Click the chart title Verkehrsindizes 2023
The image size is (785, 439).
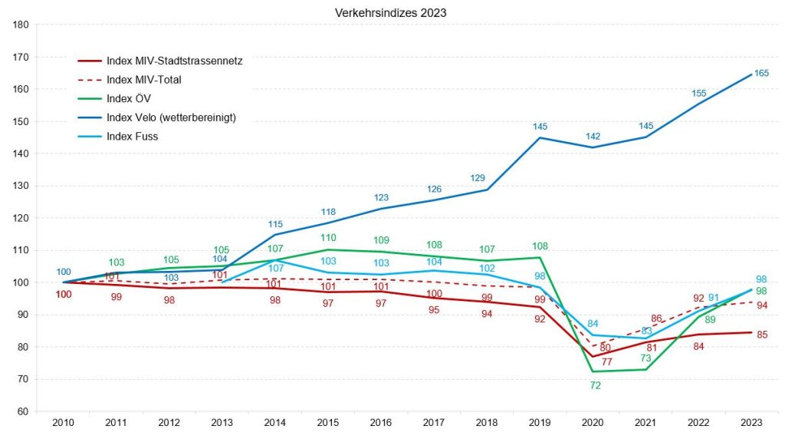[x=391, y=13]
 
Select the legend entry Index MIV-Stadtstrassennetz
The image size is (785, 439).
[x=175, y=61]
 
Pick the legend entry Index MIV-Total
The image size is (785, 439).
[x=143, y=79]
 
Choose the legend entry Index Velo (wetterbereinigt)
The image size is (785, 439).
[x=170, y=117]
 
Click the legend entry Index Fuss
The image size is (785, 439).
[x=133, y=137]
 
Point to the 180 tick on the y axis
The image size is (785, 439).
[x=21, y=25]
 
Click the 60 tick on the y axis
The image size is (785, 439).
[x=23, y=411]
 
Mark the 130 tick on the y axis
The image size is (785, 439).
[x=21, y=186]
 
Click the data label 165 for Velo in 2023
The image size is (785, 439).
[x=762, y=73]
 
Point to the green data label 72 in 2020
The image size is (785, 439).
[x=596, y=385]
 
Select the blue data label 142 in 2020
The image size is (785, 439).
[x=593, y=136]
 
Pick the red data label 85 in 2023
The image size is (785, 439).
[x=762, y=335]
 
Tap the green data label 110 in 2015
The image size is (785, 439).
[x=329, y=237]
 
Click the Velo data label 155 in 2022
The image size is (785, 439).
[x=698, y=93]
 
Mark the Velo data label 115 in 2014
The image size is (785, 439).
[x=275, y=223]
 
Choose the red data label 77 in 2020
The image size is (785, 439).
[x=606, y=361]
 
